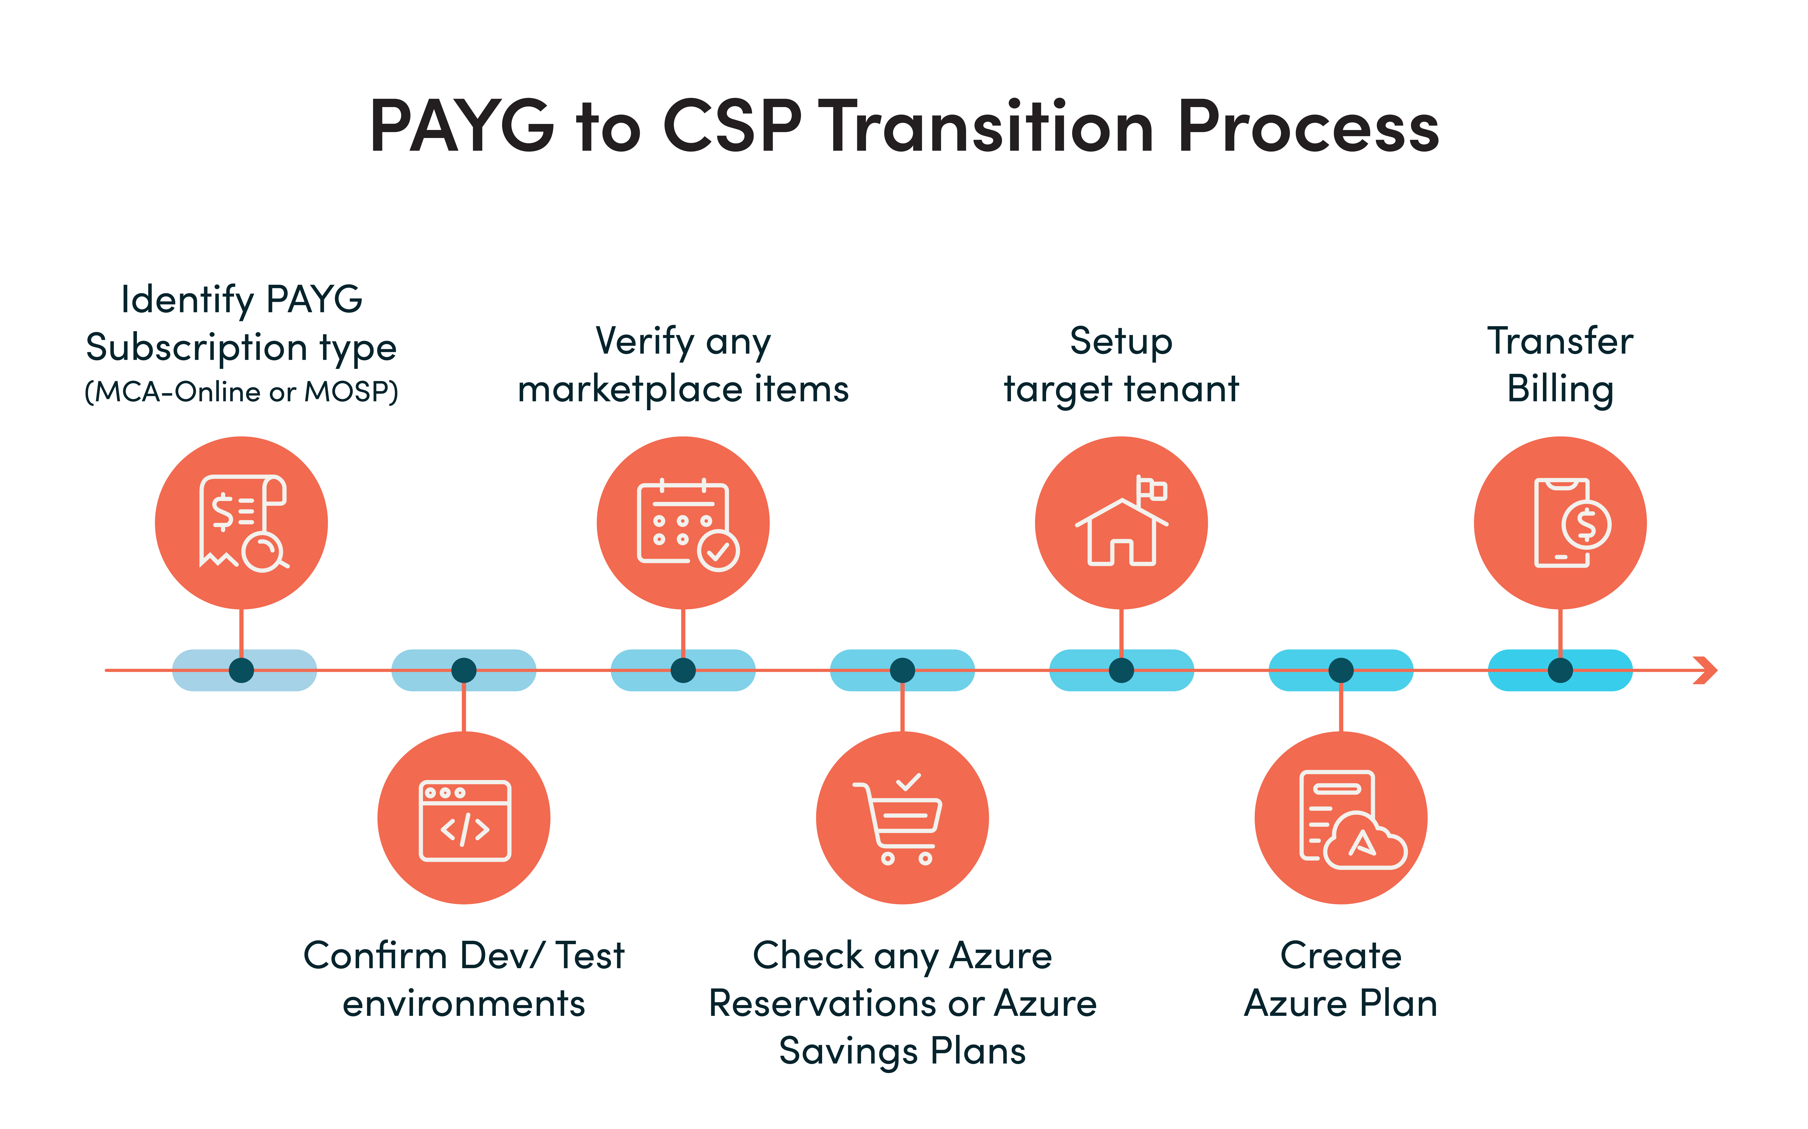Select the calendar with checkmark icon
coord(683,523)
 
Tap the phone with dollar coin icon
coord(1560,523)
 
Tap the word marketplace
coord(634,389)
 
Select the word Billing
coord(1560,389)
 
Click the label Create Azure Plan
coord(1341,979)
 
